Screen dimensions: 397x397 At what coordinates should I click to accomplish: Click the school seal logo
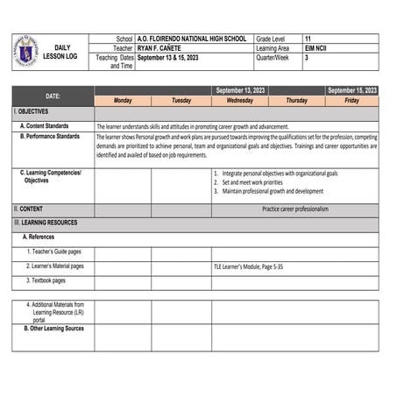25,51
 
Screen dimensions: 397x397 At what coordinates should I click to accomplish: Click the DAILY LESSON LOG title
60,52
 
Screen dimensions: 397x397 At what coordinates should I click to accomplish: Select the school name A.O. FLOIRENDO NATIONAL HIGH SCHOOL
192,39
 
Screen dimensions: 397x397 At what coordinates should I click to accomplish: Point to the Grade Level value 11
308,39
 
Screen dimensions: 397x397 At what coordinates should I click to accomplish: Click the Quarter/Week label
273,57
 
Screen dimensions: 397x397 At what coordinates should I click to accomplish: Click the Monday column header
123,101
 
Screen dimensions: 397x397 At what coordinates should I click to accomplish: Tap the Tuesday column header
181,101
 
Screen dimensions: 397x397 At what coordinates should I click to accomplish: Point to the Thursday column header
296,101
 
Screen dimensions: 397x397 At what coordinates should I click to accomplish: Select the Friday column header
351,101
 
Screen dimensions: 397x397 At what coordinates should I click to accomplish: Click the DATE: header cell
53,96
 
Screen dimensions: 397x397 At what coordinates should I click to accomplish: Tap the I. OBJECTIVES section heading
32,112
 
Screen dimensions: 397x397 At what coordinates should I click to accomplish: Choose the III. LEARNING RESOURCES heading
46,223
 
